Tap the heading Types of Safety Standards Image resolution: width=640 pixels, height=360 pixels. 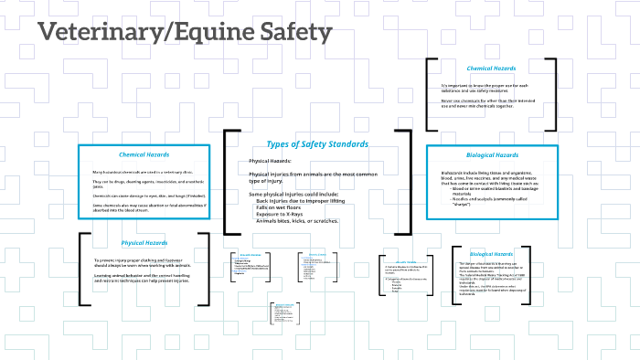[x=317, y=144]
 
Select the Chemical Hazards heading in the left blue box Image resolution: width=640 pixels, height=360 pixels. [x=144, y=154]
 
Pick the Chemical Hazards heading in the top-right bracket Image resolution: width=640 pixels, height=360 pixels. [x=491, y=69]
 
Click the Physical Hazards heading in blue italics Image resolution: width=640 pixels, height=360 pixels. [x=144, y=243]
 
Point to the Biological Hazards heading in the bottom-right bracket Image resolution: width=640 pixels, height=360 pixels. [x=494, y=253]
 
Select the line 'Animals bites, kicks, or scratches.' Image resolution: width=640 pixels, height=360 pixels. [x=298, y=222]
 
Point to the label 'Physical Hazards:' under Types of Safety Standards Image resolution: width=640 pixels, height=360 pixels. [x=271, y=161]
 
